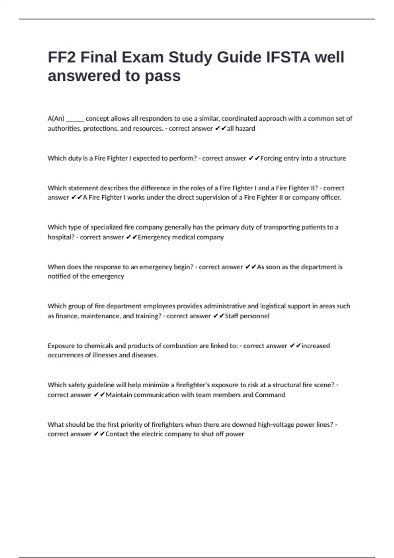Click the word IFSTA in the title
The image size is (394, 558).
click(288, 57)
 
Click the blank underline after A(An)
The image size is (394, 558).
click(75, 119)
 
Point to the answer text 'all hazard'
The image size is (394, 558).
click(241, 129)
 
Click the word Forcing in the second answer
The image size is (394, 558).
click(271, 158)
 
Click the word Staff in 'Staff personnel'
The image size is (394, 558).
click(231, 316)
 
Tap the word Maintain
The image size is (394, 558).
click(119, 395)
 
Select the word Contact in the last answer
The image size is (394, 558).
click(117, 434)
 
